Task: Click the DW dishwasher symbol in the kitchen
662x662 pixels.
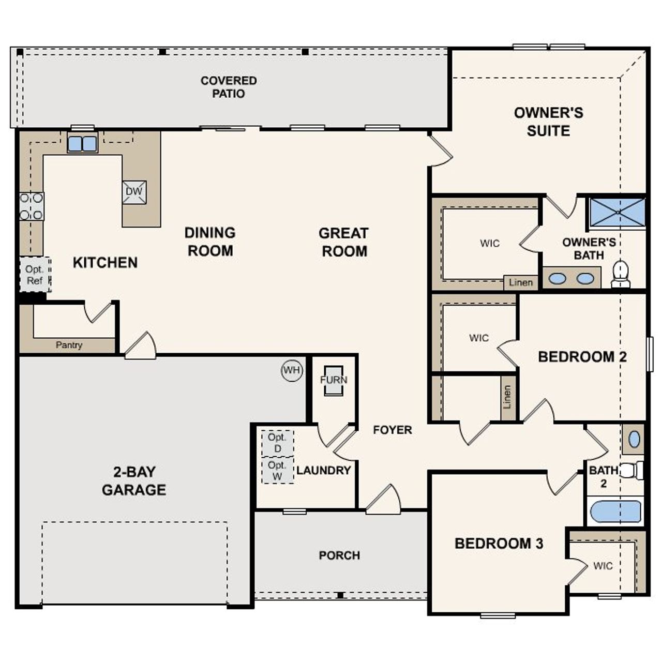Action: [134, 192]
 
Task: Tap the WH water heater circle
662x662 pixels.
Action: [292, 370]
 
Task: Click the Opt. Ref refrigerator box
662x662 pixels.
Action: [35, 275]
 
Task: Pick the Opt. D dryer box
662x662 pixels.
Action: [278, 443]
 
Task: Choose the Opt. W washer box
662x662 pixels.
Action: [278, 471]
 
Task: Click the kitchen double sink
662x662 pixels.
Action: [82, 143]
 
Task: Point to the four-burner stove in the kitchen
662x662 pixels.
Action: [32, 206]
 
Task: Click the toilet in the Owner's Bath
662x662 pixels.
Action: [620, 274]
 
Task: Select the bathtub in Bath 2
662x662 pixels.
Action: [615, 511]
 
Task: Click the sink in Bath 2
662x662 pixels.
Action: [634, 440]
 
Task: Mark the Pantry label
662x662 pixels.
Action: [69, 345]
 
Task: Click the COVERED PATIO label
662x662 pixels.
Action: [229, 87]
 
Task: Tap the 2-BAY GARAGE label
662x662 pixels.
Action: [134, 481]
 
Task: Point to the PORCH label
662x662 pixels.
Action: [339, 555]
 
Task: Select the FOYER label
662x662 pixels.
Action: [393, 430]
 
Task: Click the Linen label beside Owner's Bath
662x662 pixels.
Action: [520, 282]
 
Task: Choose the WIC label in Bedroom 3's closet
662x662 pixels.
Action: [603, 566]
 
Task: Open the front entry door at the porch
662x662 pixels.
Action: [384, 500]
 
